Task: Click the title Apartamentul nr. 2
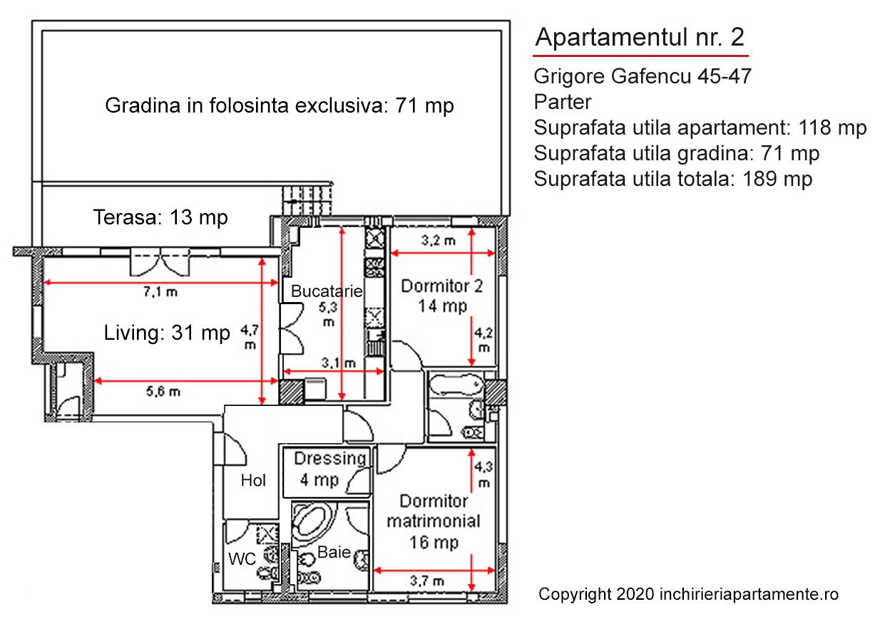tap(640, 37)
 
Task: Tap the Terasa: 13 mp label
tap(160, 217)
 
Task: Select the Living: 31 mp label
tap(167, 333)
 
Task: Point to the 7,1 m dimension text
tap(160, 291)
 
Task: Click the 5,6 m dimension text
tap(163, 391)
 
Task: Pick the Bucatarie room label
tap(327, 291)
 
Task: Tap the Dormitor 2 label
tap(441, 286)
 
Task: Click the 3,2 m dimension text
tap(439, 240)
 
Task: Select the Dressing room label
tap(330, 459)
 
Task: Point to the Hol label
tap(253, 480)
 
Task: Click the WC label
tap(242, 559)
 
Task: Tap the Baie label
tap(334, 552)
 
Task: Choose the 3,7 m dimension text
tap(427, 581)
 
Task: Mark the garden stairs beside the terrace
tap(307, 201)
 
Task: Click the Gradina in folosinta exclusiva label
tap(280, 105)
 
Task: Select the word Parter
tap(562, 102)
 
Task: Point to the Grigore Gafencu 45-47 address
tap(643, 76)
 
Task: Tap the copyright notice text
tap(688, 594)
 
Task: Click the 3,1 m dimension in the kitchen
tap(339, 363)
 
